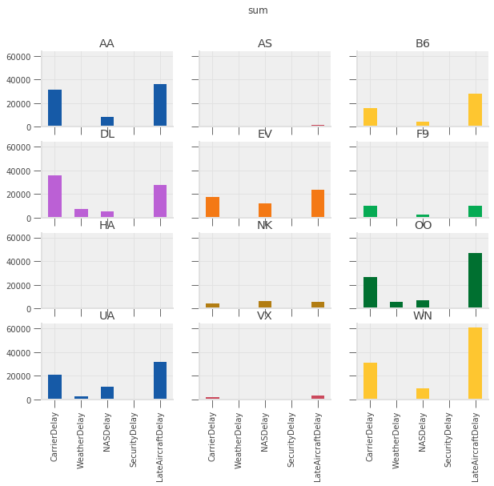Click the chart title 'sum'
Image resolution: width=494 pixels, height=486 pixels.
[x=257, y=10]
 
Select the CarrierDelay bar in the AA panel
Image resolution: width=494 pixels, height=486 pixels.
[x=54, y=108]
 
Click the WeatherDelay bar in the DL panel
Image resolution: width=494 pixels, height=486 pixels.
[x=81, y=214]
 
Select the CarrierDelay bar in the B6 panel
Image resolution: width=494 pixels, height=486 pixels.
[x=370, y=117]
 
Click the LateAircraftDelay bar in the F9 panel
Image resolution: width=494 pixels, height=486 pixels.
[x=476, y=212]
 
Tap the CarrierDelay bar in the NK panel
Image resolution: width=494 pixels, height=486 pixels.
[x=212, y=306]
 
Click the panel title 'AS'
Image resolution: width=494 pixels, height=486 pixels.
[x=265, y=43]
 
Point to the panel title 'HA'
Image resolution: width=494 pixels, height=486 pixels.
[x=107, y=225]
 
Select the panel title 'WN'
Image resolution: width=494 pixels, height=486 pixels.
[x=423, y=316]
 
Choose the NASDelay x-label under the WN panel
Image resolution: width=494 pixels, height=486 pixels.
[x=423, y=433]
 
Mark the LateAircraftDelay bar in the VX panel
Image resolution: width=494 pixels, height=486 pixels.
[x=318, y=397]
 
